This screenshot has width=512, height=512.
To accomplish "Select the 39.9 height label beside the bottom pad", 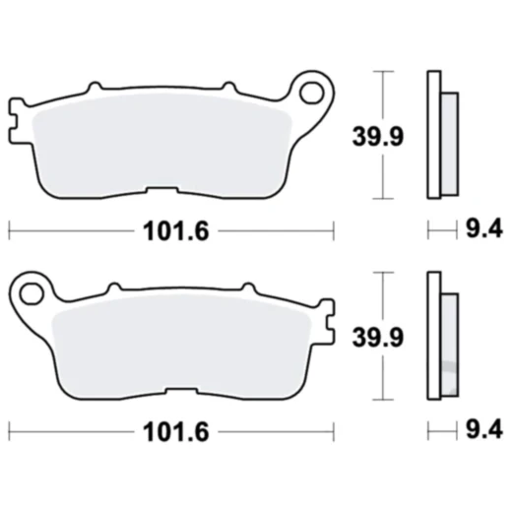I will point(376,337).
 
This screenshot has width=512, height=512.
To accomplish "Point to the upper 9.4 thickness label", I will point(482,231).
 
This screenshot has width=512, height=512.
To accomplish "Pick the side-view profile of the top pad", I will point(440,135).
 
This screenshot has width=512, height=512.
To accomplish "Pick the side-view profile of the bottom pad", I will point(440,335).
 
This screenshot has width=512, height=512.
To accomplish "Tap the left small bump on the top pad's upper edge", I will point(96,88).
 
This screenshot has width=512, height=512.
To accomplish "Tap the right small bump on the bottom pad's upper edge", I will point(246,287).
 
